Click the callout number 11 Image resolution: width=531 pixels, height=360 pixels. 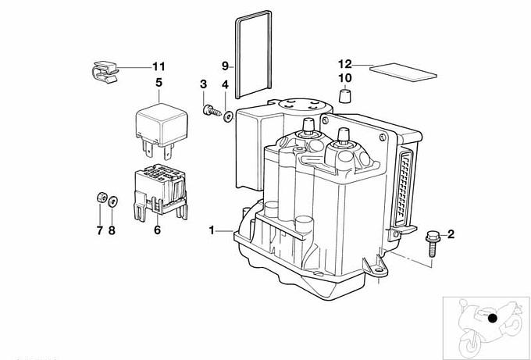tap(159, 66)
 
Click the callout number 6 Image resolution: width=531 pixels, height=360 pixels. tap(156, 230)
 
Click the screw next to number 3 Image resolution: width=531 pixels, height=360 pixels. tap(211, 109)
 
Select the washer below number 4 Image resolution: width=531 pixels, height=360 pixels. tap(227, 117)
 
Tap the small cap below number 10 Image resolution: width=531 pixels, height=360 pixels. tap(344, 97)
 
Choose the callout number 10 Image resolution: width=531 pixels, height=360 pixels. tap(345, 78)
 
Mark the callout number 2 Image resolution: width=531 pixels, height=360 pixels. tap(451, 233)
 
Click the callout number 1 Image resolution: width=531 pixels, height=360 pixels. tap(211, 230)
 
